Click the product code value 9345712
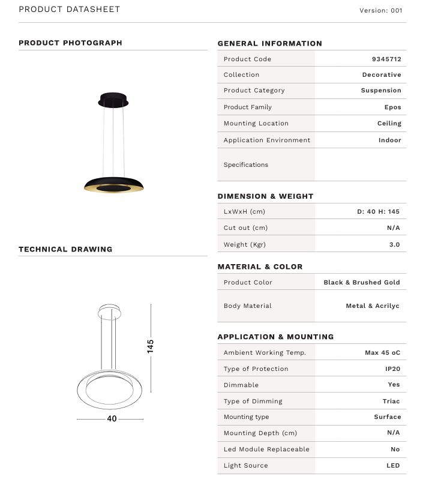click(386, 59)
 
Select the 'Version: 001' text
click(380, 10)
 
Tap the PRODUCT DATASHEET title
click(70, 9)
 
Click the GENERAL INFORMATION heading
click(269, 43)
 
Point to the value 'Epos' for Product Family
click(392, 107)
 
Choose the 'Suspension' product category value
click(381, 90)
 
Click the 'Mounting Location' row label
click(256, 123)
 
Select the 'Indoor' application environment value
click(389, 140)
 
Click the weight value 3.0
click(394, 244)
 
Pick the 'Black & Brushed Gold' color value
click(361, 282)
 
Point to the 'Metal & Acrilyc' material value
click(372, 306)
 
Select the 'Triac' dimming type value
click(390, 401)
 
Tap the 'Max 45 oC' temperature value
click(382, 352)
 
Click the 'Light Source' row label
click(245, 465)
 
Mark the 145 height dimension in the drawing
click(151, 346)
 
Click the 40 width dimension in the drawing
click(112, 419)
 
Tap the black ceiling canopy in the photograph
click(113, 100)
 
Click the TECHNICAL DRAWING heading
click(65, 249)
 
